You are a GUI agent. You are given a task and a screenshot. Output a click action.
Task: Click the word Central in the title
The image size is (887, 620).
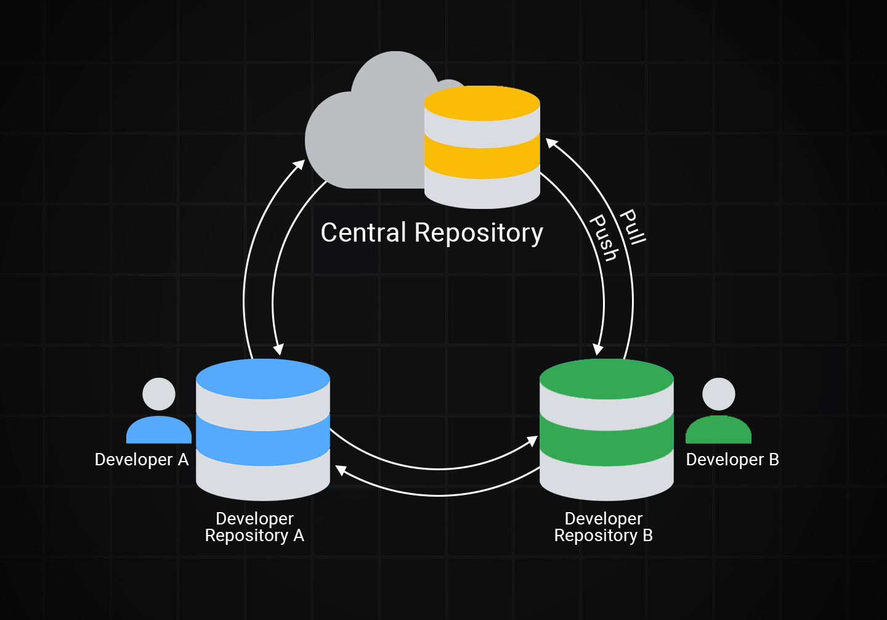[363, 233]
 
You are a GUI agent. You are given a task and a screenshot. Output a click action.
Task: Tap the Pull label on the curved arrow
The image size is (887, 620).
[633, 227]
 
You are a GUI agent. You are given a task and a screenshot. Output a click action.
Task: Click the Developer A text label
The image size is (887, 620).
[142, 460]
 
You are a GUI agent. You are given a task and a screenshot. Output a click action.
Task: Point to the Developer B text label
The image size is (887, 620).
[732, 460]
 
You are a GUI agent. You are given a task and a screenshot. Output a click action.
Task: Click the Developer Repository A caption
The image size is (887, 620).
[254, 527]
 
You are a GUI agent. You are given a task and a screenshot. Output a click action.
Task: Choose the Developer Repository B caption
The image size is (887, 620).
[604, 527]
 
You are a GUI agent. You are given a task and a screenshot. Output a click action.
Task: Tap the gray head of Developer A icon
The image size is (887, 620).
[159, 394]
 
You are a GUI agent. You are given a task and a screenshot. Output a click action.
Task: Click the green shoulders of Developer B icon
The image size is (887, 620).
[718, 431]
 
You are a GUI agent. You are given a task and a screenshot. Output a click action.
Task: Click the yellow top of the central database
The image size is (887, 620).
[482, 102]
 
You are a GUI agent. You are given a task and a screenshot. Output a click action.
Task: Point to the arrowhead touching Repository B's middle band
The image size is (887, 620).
[533, 441]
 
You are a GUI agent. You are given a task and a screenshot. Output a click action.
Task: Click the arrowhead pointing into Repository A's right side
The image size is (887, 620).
[341, 471]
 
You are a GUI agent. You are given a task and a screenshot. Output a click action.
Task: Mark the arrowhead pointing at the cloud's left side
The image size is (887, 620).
[299, 165]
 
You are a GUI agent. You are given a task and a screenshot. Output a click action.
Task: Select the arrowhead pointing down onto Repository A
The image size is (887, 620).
[278, 349]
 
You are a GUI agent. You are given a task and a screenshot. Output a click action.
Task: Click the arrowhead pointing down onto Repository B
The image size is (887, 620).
[597, 349]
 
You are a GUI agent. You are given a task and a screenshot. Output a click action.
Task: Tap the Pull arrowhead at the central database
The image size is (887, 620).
[551, 144]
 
